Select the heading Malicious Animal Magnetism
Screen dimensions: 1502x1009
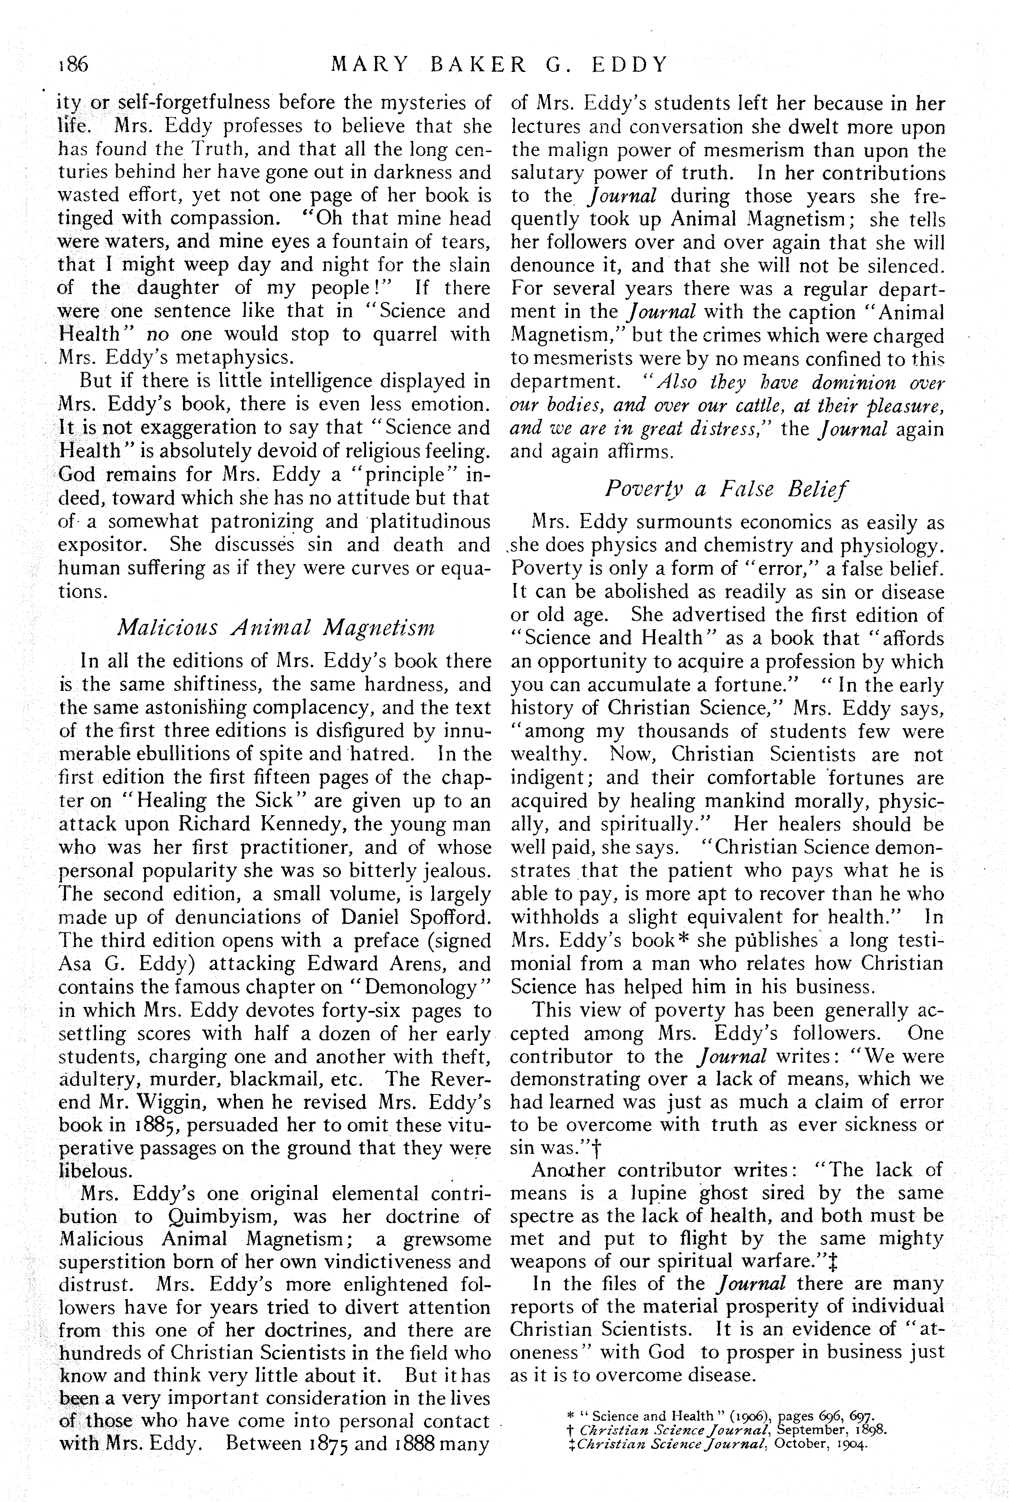[275, 627]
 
